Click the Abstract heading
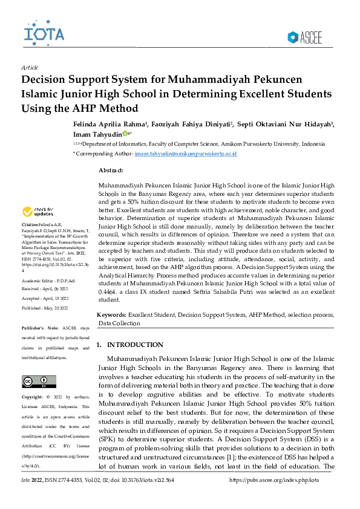tap(115, 171)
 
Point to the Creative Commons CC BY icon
tap(31, 381)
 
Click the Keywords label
tap(112, 315)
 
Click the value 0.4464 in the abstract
tap(108, 291)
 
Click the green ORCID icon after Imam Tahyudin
tap(126, 134)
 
